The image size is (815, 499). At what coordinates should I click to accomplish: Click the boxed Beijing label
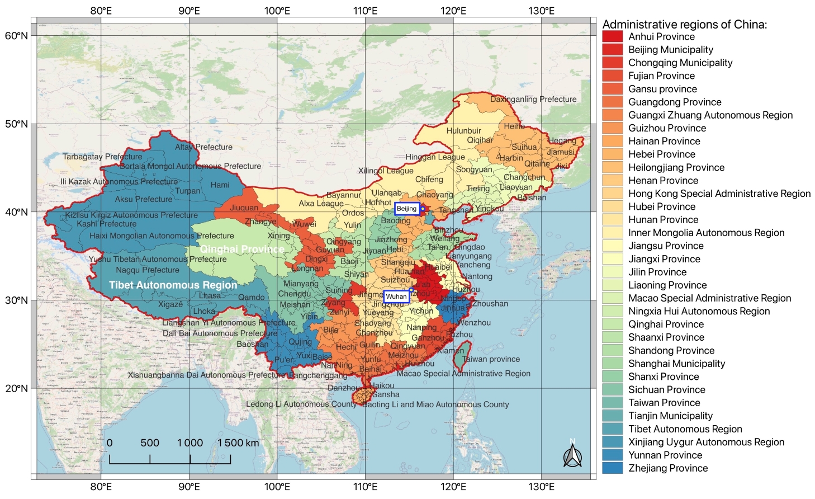coord(406,209)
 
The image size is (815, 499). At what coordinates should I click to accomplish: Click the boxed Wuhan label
coord(396,296)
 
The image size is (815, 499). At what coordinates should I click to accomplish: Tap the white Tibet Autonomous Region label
coord(173,285)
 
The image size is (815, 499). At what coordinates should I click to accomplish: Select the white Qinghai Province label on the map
coord(242,249)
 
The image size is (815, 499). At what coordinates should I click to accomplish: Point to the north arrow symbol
coord(572,454)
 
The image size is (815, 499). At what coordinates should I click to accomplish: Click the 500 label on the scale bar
coord(150,442)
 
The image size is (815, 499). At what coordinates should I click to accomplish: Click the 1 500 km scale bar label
coord(238,442)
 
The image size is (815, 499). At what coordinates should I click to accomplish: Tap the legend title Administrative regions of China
coord(684,24)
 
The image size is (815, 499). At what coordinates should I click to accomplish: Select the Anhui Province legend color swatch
coord(612,37)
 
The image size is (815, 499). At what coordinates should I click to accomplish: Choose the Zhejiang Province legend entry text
coord(667,468)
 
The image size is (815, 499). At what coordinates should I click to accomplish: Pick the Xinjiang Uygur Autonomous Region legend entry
coord(706,442)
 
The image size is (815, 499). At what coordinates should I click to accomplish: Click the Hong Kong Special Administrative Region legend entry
coord(719,194)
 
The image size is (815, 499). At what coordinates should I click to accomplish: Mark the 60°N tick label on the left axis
coord(16,36)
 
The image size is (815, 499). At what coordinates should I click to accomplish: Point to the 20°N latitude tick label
coord(16,388)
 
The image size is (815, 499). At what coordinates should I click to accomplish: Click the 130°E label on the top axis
coord(541,11)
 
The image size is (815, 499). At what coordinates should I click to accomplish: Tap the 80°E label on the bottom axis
coord(101,487)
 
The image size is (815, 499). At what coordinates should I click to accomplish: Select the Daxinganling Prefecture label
coord(533,99)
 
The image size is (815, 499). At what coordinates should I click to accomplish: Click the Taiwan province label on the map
coord(491,359)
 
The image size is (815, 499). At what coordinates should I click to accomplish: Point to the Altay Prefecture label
coord(203,147)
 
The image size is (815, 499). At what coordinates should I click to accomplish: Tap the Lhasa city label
coord(210,295)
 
